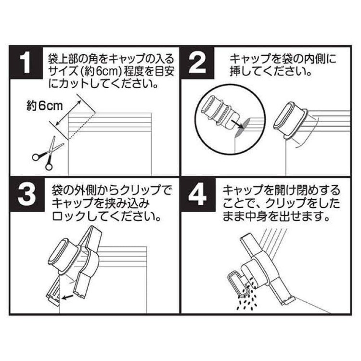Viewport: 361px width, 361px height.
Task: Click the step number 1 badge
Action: (26, 63)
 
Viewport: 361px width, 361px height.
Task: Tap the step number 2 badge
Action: (197, 63)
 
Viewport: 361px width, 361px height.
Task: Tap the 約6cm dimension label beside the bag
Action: (44, 106)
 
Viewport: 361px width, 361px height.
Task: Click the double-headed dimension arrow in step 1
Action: (68, 113)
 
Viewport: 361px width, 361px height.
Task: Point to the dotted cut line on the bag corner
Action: (82, 126)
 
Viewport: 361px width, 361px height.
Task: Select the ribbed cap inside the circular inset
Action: (218, 112)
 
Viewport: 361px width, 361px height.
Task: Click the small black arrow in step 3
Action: (68, 297)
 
